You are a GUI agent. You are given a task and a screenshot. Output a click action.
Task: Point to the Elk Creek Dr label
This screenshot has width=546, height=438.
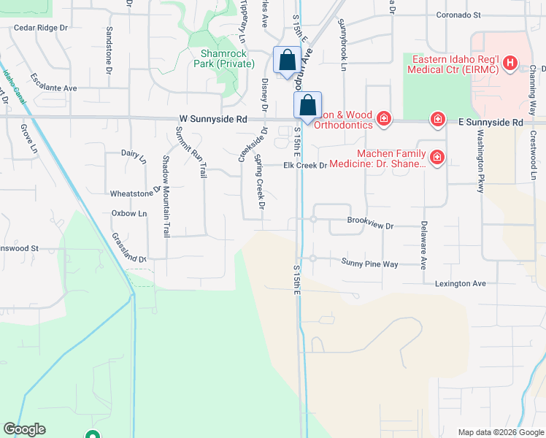(305, 166)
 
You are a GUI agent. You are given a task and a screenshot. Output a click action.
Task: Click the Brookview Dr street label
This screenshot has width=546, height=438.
(370, 226)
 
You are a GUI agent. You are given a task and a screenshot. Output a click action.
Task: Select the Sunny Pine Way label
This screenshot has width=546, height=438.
(369, 263)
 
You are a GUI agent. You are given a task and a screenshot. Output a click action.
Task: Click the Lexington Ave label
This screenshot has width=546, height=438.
(460, 283)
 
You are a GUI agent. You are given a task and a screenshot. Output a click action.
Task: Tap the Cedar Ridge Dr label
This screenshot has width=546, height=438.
(41, 28)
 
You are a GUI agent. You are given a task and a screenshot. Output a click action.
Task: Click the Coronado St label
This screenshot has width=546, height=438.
(458, 14)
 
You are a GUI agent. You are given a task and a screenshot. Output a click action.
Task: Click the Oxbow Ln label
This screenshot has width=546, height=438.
(129, 214)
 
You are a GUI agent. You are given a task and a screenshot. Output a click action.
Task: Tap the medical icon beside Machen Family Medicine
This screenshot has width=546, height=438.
(437, 158)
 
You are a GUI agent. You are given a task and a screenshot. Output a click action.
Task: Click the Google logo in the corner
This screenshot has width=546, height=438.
(25, 429)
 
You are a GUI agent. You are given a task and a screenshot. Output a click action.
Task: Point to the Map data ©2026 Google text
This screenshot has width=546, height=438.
(501, 432)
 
